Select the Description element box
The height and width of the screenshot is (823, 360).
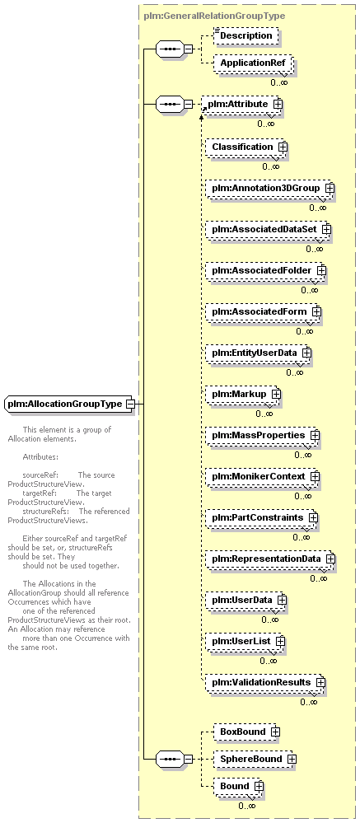pyautogui.click(x=245, y=35)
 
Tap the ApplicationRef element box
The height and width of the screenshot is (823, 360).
pyautogui.click(x=253, y=63)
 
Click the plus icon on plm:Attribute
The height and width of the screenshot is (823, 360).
pyautogui.click(x=278, y=104)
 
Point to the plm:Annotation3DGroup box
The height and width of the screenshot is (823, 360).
pyautogui.click(x=269, y=188)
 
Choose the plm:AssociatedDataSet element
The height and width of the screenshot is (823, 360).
pyautogui.click(x=269, y=229)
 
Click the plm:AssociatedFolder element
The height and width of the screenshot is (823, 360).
pyautogui.click(x=265, y=270)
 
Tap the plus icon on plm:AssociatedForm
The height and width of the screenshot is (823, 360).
pyautogui.click(x=316, y=311)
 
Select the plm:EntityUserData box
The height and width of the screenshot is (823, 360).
pyautogui.click(x=258, y=353)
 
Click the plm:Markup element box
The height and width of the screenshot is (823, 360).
pyautogui.click(x=243, y=394)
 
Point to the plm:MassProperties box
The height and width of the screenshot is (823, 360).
pyautogui.click(x=263, y=435)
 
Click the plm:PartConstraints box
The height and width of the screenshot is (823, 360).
pyautogui.click(x=262, y=517)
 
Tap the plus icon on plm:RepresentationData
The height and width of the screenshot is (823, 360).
pyautogui.click(x=330, y=559)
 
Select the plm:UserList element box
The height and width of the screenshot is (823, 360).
pyautogui.click(x=245, y=641)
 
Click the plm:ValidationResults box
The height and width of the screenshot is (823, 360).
pyautogui.click(x=265, y=682)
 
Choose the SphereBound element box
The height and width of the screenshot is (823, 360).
pyautogui.click(x=255, y=759)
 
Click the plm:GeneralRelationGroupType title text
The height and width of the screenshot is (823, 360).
pyautogui.click(x=214, y=16)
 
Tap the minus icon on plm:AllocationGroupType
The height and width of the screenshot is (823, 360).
pyautogui.click(x=129, y=404)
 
